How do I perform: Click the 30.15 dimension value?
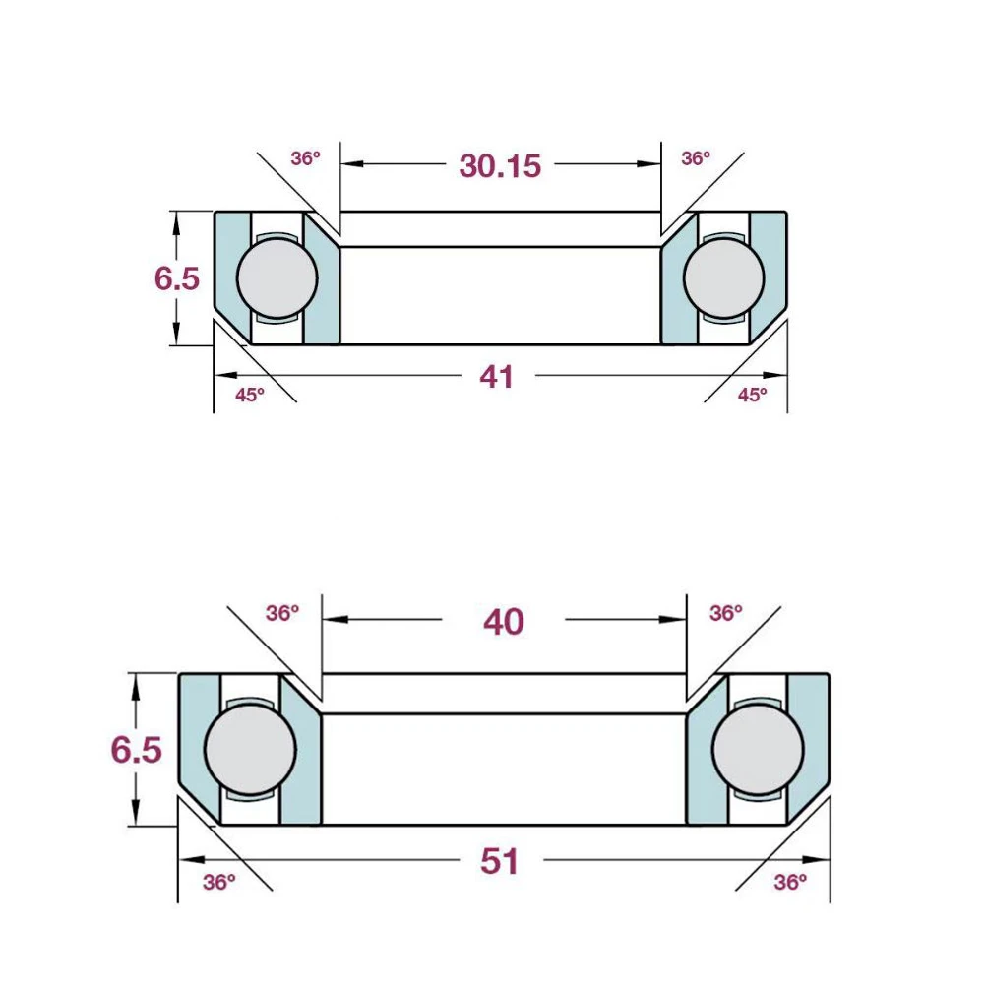500,165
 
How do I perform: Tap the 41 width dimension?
497,376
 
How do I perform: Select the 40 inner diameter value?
504,621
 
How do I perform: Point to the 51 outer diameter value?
500,862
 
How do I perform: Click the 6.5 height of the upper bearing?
177,278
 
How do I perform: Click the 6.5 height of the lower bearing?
136,750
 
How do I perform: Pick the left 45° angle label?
250,396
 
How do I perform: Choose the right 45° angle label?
752,396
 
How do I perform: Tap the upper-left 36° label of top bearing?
306,157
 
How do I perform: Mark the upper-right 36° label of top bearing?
696,157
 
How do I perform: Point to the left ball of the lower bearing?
251,748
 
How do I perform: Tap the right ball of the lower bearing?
755,748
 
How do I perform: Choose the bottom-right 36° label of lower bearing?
790,882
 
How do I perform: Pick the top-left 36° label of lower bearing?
282,613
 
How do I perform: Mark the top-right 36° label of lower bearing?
725,613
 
